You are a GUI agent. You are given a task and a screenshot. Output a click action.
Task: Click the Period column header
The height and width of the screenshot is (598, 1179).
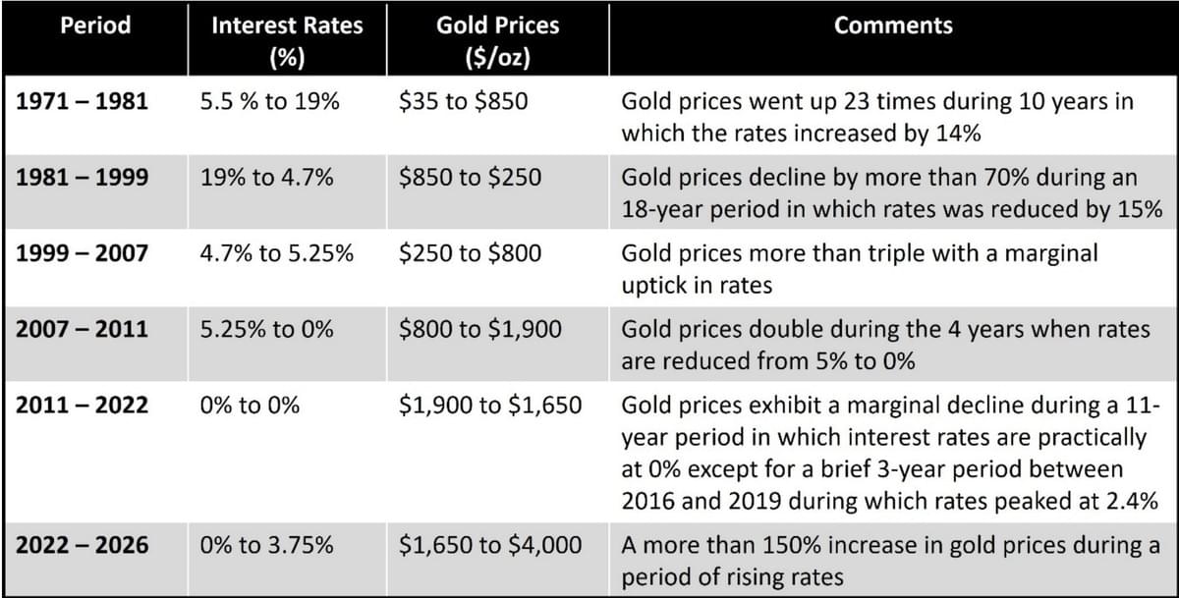click(x=95, y=26)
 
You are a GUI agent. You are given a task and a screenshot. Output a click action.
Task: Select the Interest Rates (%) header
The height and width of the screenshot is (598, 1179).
click(x=287, y=41)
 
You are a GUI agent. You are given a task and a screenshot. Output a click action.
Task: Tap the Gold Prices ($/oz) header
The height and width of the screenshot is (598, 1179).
click(x=497, y=41)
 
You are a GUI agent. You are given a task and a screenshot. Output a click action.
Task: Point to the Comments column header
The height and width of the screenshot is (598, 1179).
click(x=893, y=26)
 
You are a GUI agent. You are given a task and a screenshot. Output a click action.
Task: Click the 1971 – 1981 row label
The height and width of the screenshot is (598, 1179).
click(x=83, y=101)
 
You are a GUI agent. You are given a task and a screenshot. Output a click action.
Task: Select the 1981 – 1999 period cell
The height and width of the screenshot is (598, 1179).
click(x=83, y=178)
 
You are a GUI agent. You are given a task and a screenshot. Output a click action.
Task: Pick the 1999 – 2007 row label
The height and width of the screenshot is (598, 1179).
click(x=83, y=253)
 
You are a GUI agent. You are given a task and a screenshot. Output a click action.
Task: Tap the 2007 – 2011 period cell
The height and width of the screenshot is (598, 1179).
click(x=83, y=329)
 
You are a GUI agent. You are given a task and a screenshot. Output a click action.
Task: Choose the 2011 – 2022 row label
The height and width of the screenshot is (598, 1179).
click(x=83, y=405)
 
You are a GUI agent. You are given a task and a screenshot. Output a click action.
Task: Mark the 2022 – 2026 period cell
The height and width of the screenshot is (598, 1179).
click(x=83, y=545)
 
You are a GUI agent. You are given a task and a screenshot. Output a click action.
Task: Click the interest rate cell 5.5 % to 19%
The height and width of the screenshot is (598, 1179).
click(x=269, y=101)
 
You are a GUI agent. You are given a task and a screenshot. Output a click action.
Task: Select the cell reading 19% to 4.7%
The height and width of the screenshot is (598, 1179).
click(x=266, y=178)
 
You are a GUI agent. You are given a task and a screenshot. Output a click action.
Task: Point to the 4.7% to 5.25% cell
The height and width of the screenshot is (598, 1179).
click(x=277, y=253)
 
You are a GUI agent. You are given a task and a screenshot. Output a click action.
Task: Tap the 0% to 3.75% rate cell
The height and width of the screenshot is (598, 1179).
click(x=266, y=545)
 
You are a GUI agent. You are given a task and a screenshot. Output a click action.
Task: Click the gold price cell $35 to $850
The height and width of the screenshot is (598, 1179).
click(x=463, y=101)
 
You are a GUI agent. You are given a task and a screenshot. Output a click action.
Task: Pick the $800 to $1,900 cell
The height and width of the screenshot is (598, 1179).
click(x=480, y=329)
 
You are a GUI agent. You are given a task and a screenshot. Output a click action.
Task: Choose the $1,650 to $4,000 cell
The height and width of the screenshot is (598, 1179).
click(x=490, y=545)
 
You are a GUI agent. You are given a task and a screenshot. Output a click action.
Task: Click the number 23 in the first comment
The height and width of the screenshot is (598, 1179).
click(x=858, y=101)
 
